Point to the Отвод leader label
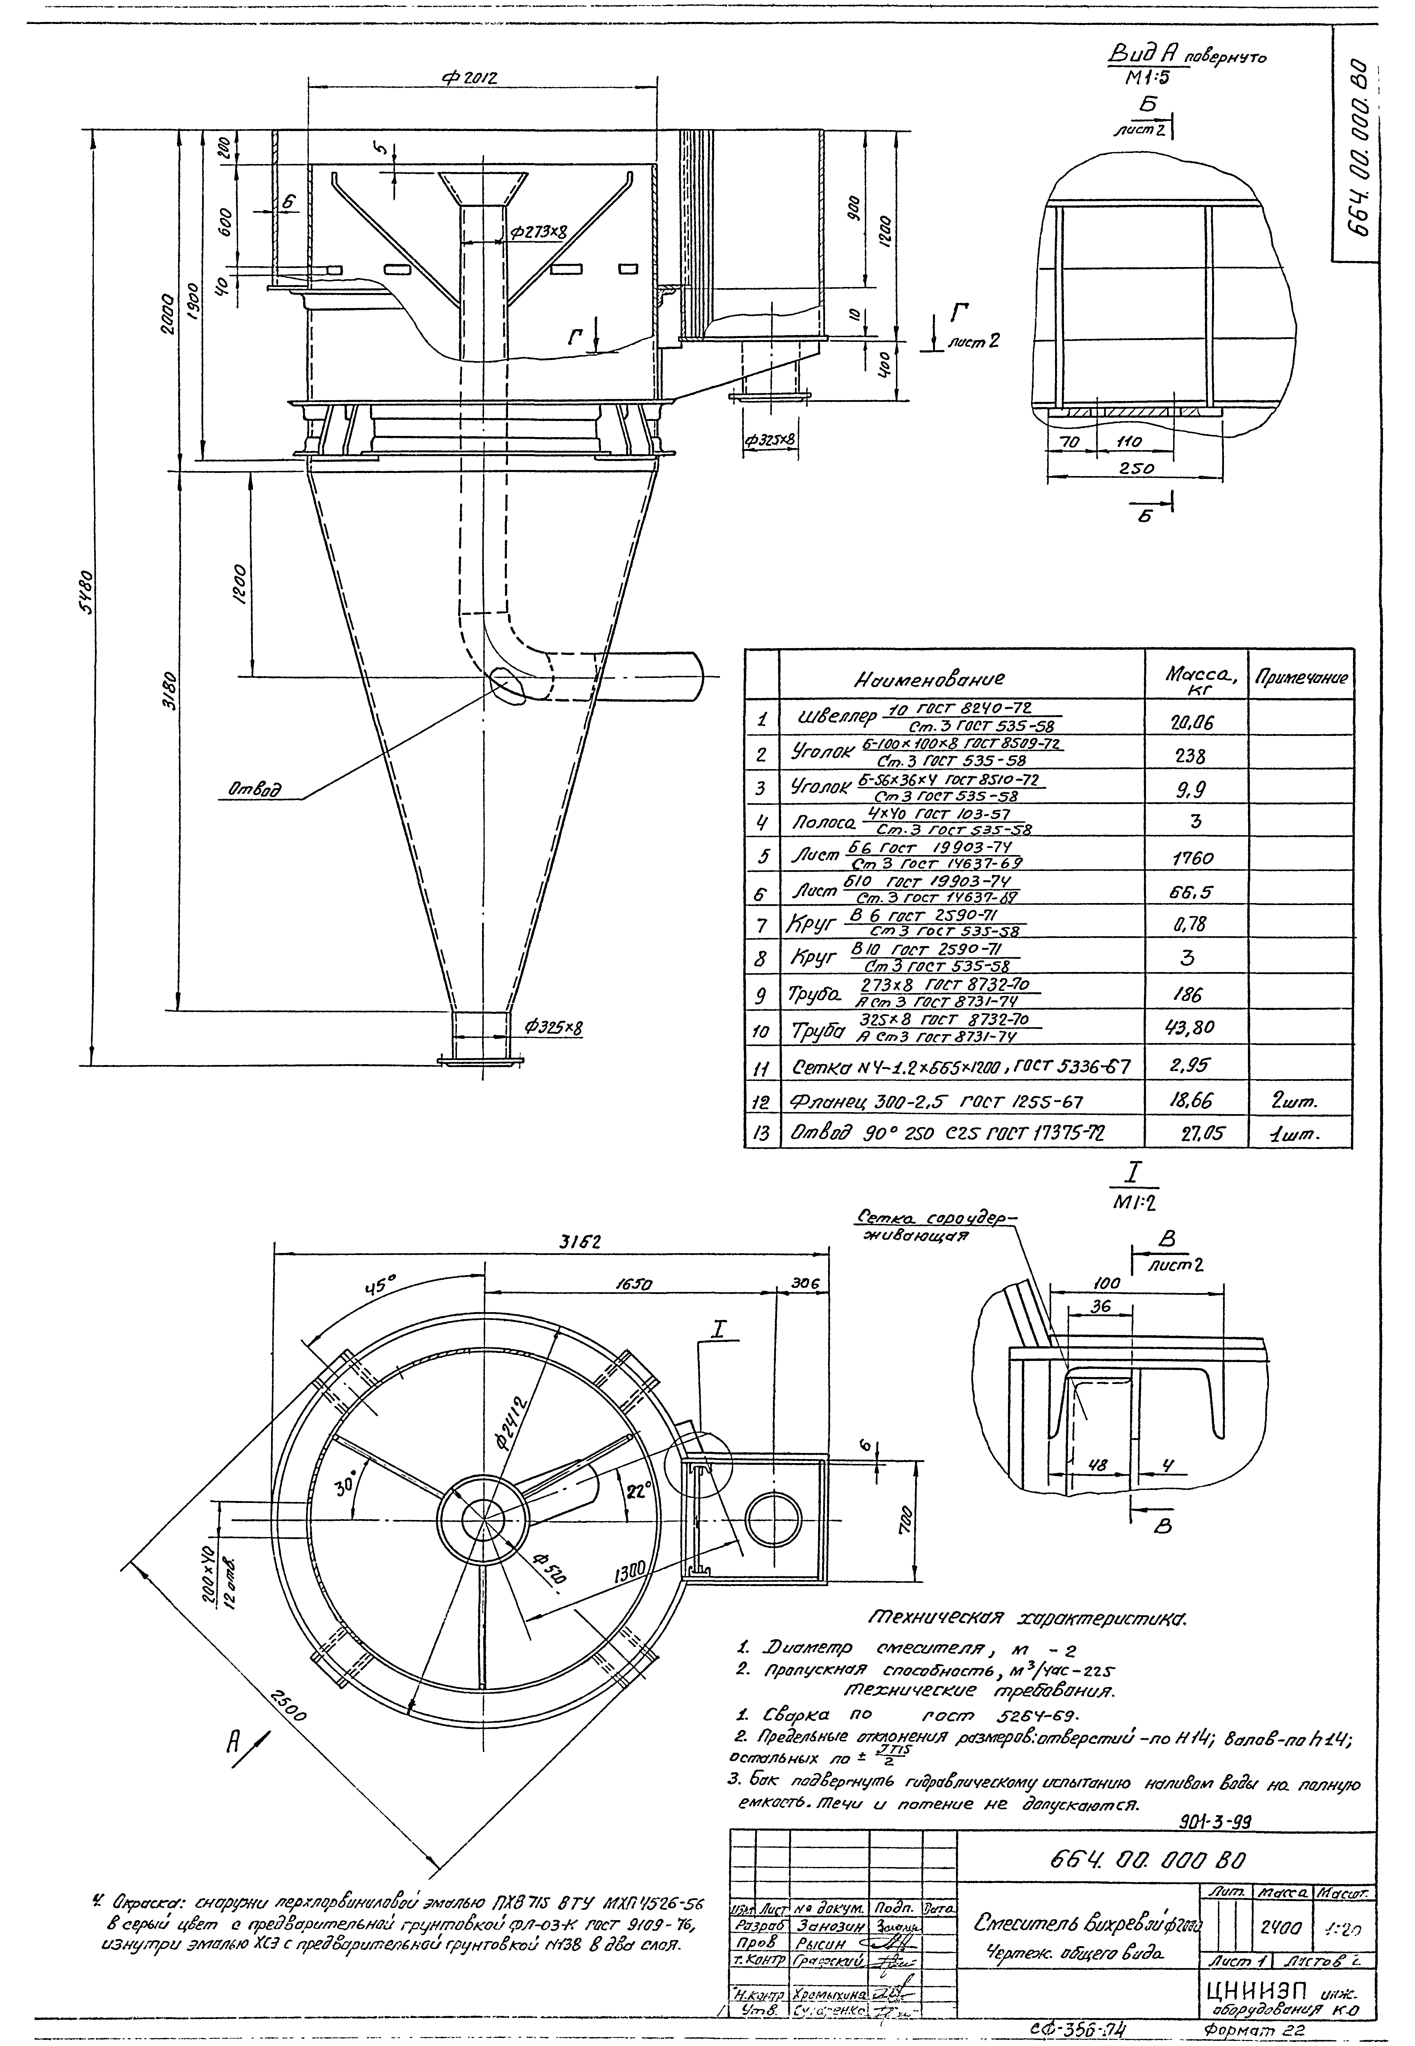255,787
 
